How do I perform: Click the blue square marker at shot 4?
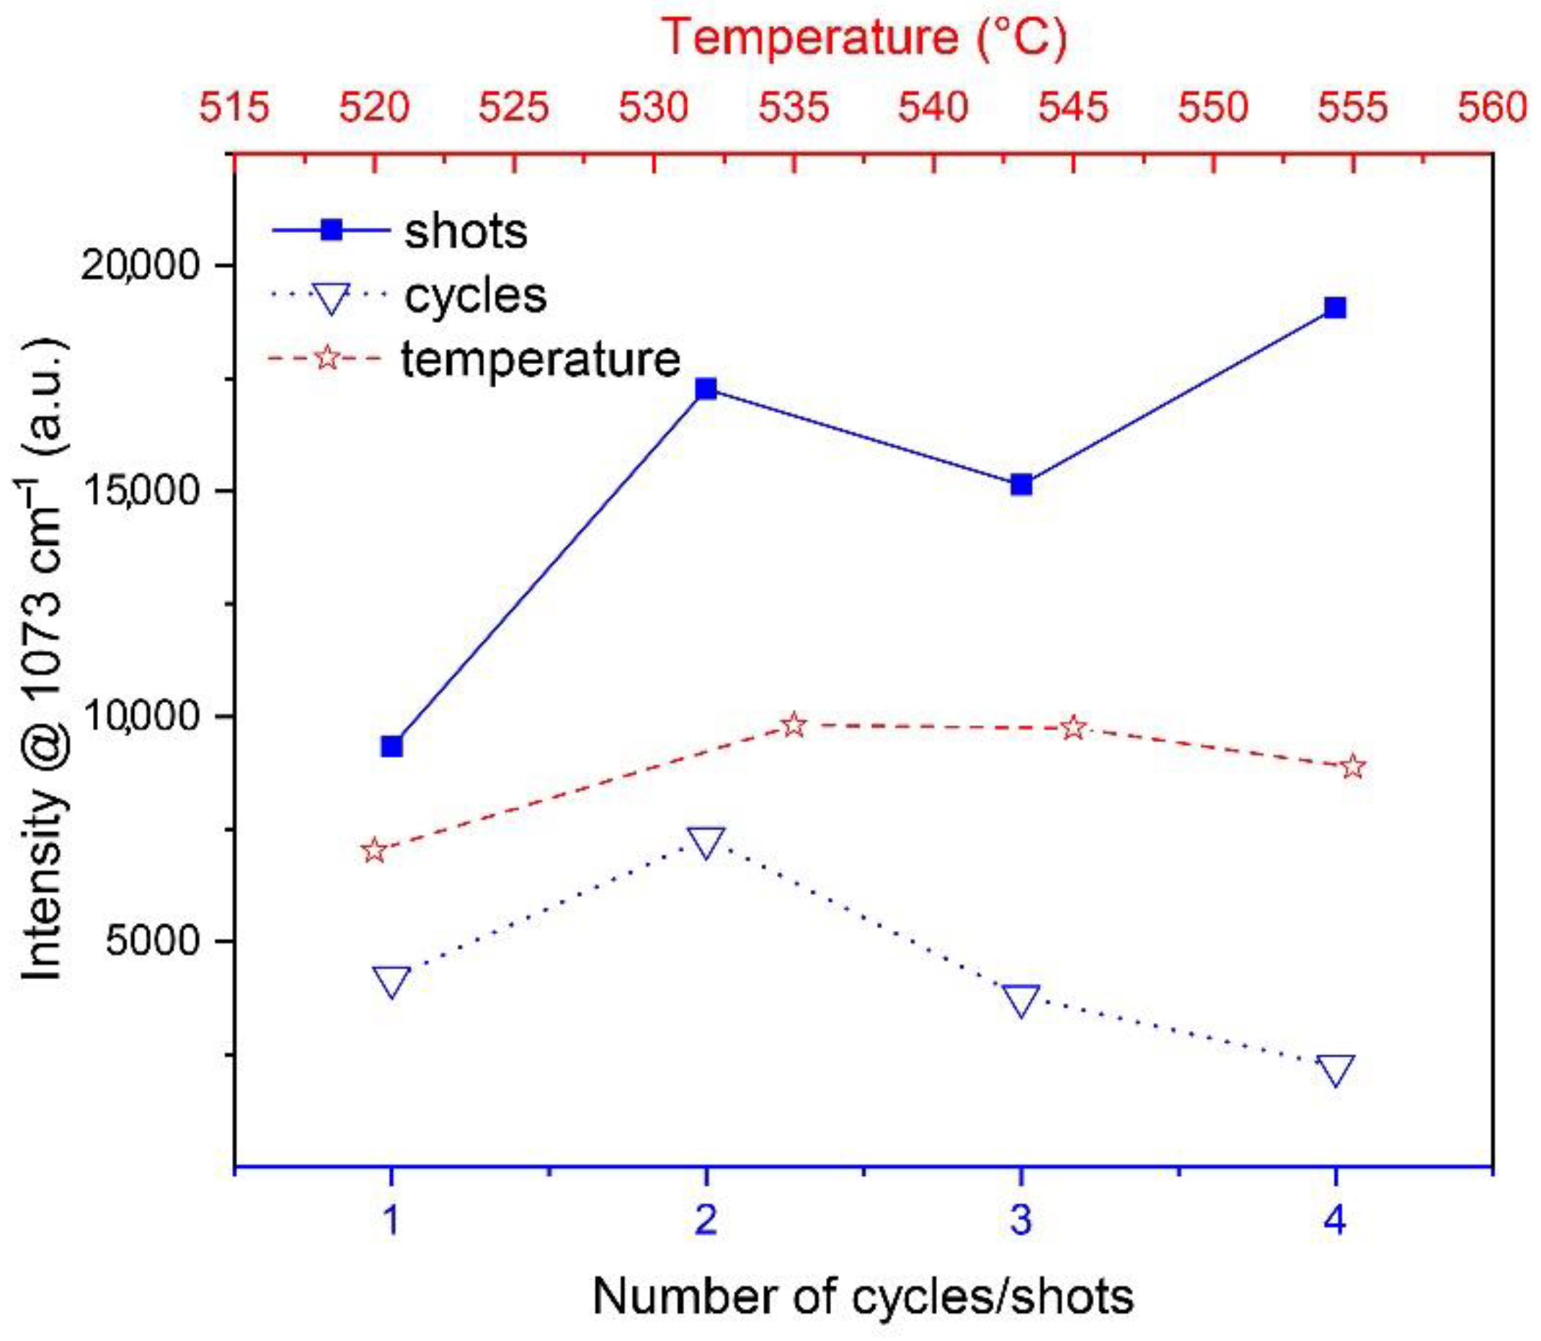[x=1336, y=308]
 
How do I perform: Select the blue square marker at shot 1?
[x=391, y=746]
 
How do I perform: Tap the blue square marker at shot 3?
[x=1021, y=485]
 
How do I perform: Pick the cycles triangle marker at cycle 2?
[x=706, y=843]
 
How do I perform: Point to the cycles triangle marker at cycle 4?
[x=1336, y=1070]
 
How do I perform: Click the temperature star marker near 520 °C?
[x=374, y=851]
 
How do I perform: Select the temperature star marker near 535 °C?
[x=794, y=725]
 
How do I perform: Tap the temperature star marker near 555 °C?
[x=1353, y=766]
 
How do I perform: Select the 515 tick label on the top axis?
[x=234, y=107]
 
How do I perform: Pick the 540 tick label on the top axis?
[x=933, y=107]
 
